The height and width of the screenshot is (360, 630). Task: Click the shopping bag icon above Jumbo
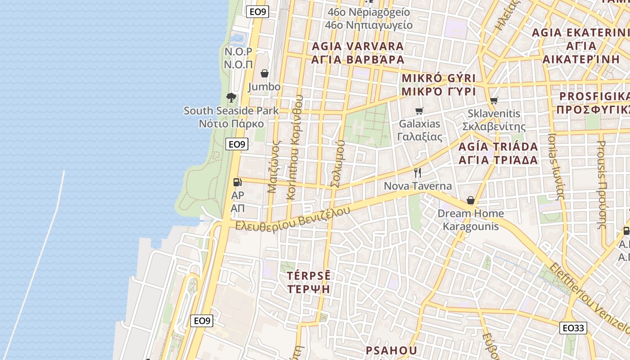[265, 73]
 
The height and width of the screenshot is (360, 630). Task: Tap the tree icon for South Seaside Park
[231, 97]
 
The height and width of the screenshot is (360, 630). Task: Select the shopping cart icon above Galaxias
[419, 111]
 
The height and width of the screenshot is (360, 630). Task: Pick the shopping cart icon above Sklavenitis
[494, 100]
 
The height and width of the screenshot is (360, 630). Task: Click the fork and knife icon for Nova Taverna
[418, 173]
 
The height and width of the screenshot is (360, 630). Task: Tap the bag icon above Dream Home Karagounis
[471, 200]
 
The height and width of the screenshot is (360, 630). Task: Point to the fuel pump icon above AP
[237, 182]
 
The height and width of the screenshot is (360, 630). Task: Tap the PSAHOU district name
[391, 350]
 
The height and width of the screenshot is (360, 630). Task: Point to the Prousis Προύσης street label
[601, 184]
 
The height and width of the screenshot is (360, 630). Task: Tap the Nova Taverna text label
[418, 186]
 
